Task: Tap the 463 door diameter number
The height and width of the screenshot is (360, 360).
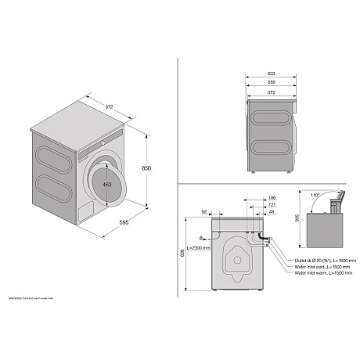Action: (106, 185)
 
